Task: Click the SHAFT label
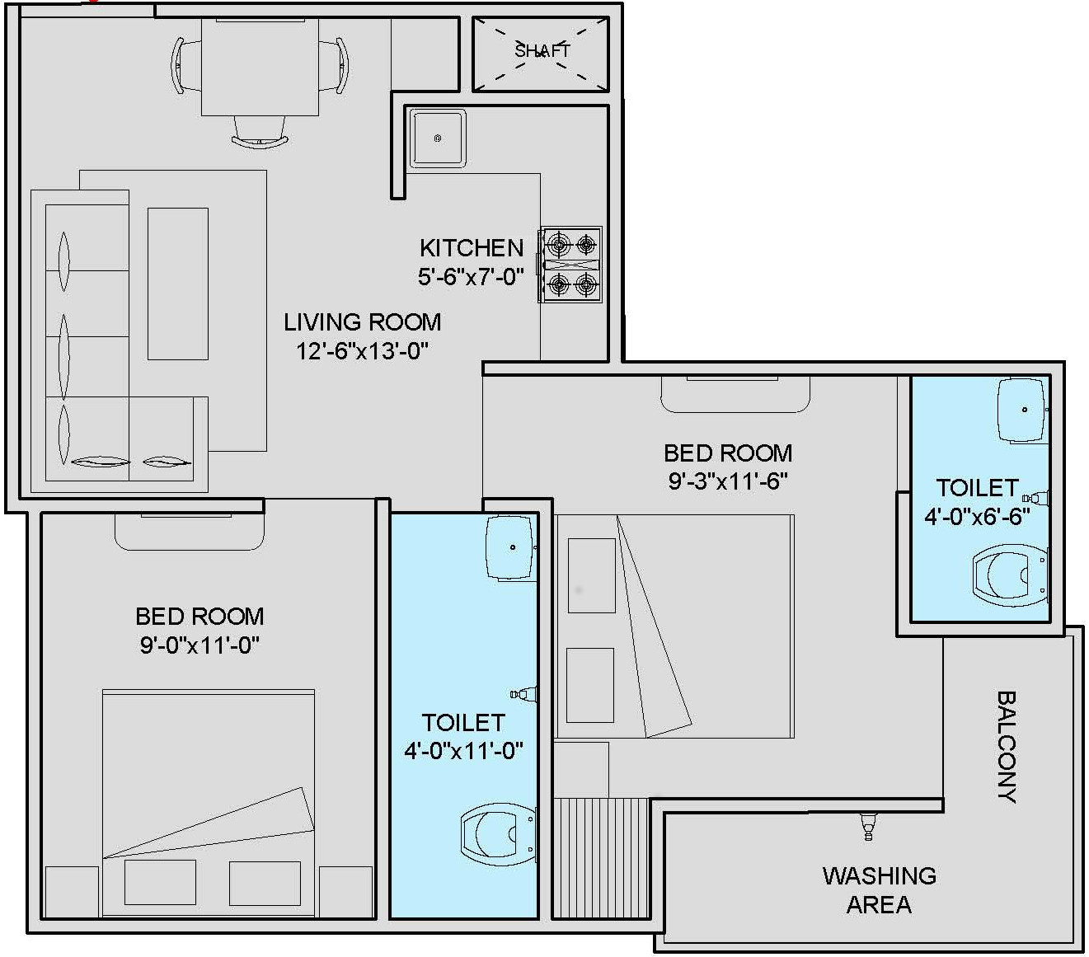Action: point(542,51)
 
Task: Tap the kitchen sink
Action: point(438,138)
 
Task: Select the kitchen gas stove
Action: point(570,264)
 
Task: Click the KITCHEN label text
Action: point(472,248)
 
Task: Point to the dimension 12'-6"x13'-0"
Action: point(362,351)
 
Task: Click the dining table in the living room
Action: point(260,67)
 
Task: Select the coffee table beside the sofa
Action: point(178,284)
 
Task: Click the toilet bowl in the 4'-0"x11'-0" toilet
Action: point(498,835)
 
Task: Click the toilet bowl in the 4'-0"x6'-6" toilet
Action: point(1011,575)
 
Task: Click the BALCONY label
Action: point(1007,747)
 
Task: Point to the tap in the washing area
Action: point(867,826)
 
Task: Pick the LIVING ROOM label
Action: point(362,322)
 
